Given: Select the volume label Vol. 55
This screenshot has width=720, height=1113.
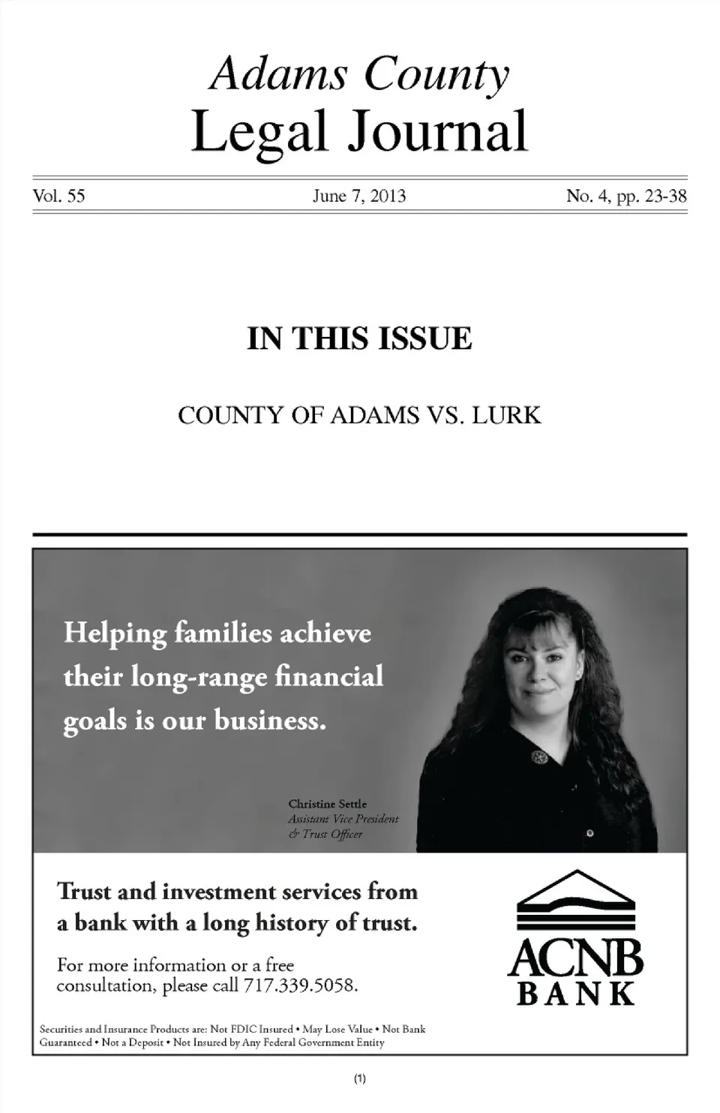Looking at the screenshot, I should [58, 197].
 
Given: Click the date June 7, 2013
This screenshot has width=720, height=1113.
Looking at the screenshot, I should [359, 197].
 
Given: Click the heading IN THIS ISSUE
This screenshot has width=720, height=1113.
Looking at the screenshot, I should [359, 338].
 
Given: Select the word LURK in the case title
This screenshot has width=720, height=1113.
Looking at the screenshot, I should [506, 415].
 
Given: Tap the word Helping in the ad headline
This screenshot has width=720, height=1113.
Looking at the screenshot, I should [115, 633].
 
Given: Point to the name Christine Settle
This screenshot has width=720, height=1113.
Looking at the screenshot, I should [328, 804].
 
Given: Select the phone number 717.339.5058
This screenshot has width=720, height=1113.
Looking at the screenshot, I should [301, 985].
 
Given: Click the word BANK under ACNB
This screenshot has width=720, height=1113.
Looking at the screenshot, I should [576, 994].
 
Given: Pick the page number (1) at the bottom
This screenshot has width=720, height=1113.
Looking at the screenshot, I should [359, 1079].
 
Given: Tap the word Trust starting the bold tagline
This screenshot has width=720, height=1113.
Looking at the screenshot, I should [85, 892].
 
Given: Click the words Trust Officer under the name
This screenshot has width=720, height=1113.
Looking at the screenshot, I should [332, 834].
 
